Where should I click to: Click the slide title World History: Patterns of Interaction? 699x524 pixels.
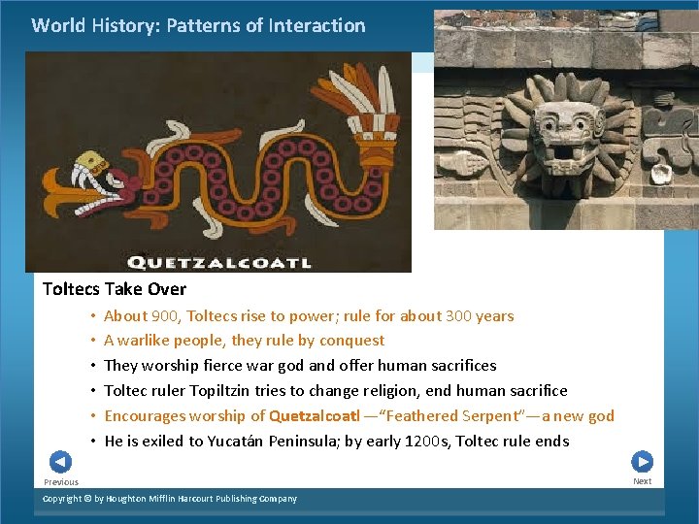[x=198, y=26]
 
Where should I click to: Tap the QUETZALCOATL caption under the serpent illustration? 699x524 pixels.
[x=219, y=262]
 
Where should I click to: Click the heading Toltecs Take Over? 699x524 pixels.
[x=115, y=289]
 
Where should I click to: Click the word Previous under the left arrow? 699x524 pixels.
[x=61, y=482]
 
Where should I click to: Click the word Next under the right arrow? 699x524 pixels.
[x=643, y=481]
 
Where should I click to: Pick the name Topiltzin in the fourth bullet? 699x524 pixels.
[x=236, y=391]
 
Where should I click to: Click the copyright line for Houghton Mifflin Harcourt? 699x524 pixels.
[x=170, y=499]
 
